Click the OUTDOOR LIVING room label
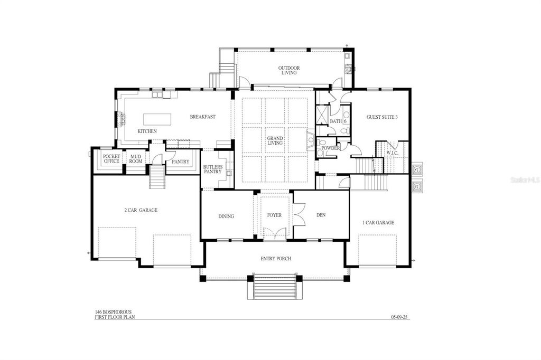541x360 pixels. (289, 70)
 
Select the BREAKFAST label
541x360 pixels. (203, 117)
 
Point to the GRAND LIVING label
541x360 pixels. (275, 140)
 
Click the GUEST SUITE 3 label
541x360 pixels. (382, 117)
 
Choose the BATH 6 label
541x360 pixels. (338, 121)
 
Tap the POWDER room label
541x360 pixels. (331, 148)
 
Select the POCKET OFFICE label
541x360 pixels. (111, 158)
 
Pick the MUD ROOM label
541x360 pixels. (136, 158)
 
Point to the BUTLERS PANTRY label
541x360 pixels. (213, 169)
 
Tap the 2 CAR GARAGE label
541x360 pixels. (141, 210)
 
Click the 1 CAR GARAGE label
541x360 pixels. (378, 223)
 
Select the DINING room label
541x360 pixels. (226, 216)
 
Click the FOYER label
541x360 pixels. (274, 215)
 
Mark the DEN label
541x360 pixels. (321, 215)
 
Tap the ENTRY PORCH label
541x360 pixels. (276, 259)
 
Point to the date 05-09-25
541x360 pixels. (400, 317)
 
